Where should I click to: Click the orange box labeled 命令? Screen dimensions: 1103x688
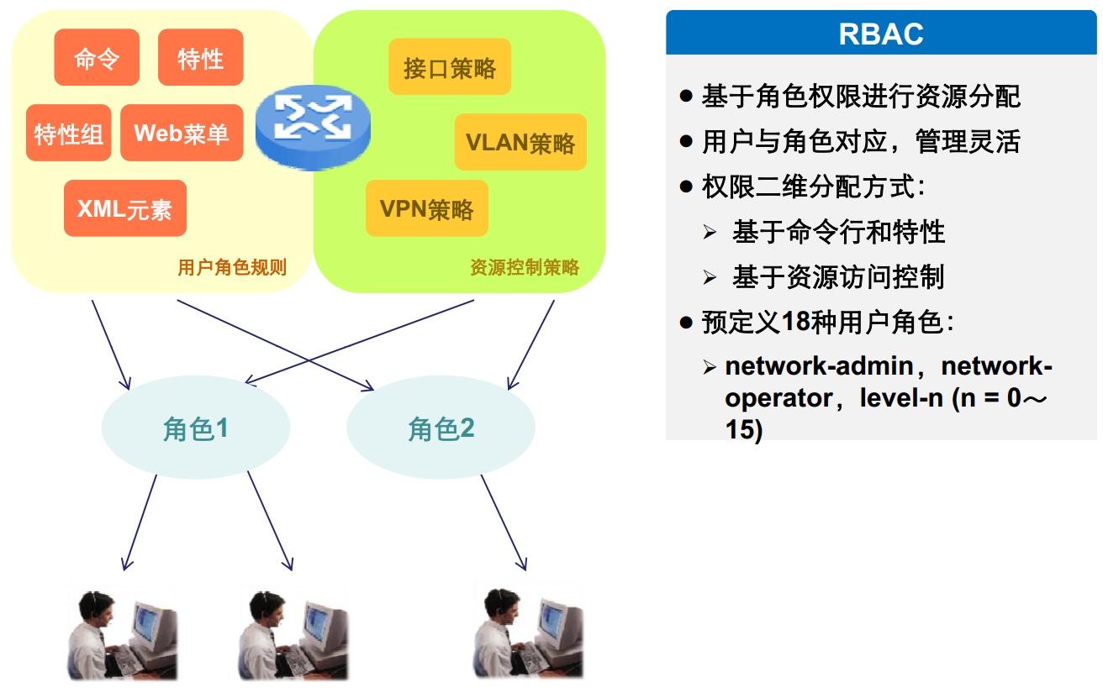97,57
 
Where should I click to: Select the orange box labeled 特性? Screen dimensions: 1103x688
200,57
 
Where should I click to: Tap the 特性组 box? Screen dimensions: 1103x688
68,133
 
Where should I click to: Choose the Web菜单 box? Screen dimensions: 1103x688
182,133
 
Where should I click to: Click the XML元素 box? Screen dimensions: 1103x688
125,208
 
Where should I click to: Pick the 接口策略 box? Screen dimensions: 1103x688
450,67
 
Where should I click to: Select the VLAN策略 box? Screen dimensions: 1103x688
520,142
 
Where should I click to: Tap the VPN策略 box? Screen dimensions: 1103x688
427,208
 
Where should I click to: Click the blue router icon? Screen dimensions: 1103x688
313,128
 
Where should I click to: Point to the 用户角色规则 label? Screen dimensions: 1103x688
232,267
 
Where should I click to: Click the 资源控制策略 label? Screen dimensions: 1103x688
525,267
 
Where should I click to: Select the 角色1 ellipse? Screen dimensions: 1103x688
196,428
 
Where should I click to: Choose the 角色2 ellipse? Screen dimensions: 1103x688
441,428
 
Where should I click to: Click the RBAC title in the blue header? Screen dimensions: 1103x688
881,34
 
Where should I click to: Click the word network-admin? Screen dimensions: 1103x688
819,365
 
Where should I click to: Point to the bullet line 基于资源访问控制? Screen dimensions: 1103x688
838,276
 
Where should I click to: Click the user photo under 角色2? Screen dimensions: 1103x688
528,633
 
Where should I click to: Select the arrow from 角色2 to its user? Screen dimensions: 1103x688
504,523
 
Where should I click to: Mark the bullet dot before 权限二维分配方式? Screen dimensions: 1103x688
686,187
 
